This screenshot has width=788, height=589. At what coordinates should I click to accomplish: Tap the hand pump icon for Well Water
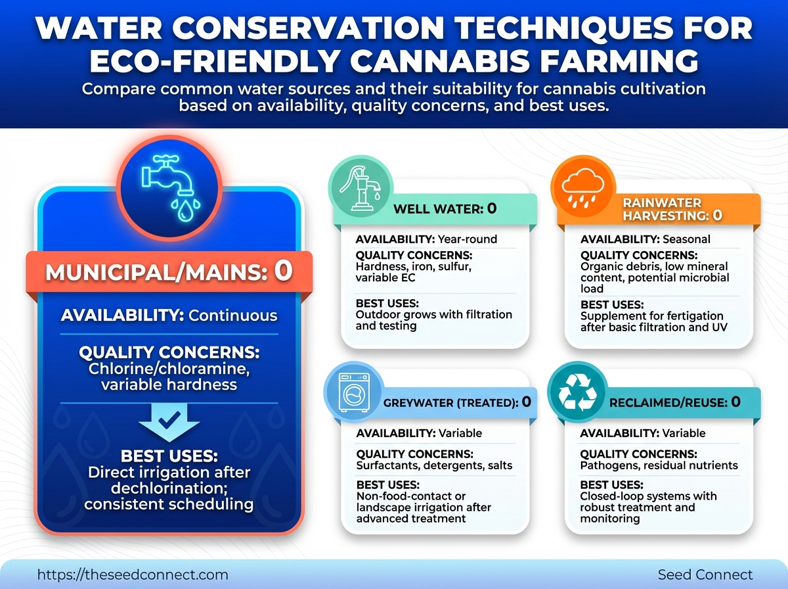click(361, 189)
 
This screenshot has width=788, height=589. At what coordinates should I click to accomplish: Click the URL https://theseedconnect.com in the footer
click(133, 574)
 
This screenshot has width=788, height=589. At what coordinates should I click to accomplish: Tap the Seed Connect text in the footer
click(705, 574)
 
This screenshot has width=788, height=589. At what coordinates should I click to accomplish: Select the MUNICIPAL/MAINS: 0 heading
click(169, 271)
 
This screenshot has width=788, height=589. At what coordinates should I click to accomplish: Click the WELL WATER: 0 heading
click(445, 209)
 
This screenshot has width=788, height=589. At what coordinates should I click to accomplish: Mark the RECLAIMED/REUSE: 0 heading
click(675, 402)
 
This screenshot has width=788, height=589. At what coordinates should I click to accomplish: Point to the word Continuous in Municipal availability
click(233, 316)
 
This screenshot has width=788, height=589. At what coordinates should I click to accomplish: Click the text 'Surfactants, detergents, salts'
click(434, 465)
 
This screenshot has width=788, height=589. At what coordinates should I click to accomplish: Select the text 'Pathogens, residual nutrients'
click(659, 465)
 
